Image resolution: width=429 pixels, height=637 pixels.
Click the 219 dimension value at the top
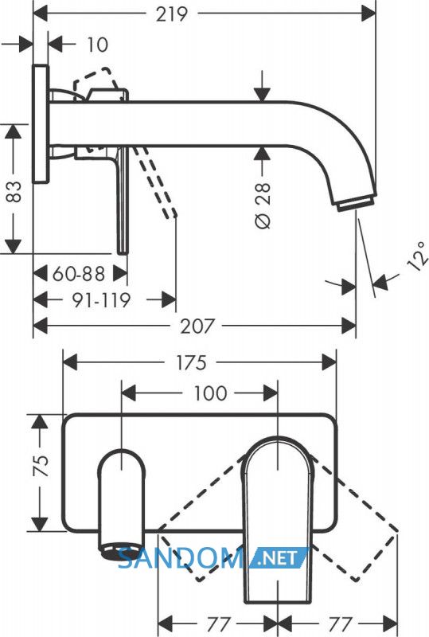coord(171,14)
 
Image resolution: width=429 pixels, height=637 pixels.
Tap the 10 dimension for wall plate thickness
coord(97,45)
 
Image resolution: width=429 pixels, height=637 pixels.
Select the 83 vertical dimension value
coord(14,191)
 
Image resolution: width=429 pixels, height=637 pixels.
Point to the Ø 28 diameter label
coord(263,205)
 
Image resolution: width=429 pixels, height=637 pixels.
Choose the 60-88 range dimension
coord(79,274)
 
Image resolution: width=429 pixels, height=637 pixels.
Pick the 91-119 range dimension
coord(101,300)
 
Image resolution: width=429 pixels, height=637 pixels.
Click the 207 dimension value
coord(197,326)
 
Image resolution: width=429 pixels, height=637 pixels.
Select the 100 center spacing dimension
coord(209,393)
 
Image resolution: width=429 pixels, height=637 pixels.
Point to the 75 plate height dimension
coord(41,466)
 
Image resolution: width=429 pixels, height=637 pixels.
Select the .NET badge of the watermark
coord(279,557)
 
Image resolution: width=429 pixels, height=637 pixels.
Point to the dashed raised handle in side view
coord(97,82)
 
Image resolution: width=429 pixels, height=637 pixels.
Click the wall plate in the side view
coord(41,124)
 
